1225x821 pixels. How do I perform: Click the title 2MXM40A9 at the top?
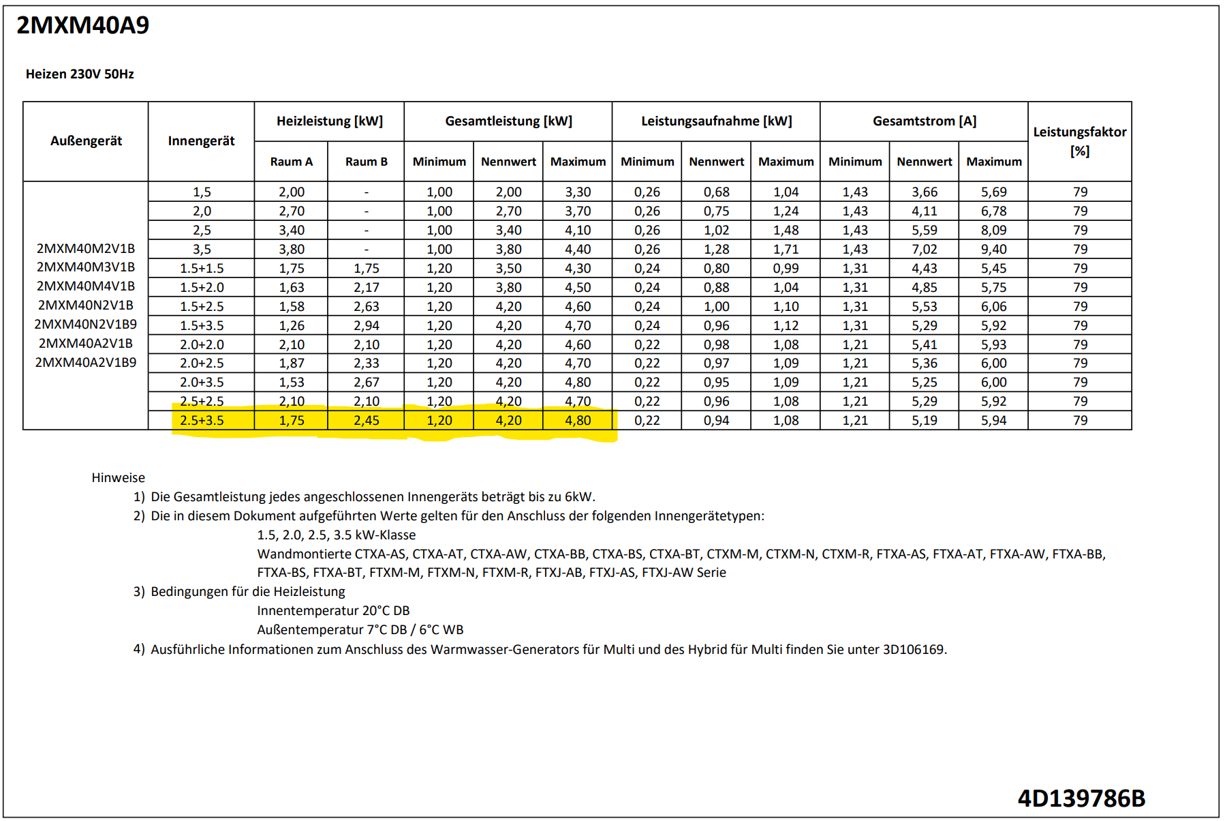tap(82, 25)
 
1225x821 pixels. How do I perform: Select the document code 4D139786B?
tap(1081, 798)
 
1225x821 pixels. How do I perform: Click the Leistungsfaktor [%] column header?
tap(1079, 141)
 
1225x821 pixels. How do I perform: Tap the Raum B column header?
tap(366, 162)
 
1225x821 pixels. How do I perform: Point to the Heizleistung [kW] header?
tap(329, 121)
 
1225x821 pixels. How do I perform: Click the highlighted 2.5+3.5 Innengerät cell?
tap(202, 421)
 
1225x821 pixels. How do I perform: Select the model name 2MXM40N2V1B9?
tap(86, 324)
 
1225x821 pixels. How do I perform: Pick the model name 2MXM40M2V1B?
tap(86, 248)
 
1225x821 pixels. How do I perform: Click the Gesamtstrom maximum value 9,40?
tap(993, 250)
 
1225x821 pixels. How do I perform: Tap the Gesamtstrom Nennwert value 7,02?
tap(924, 250)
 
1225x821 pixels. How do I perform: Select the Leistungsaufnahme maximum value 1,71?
tap(786, 250)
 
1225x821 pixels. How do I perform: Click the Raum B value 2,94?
tap(366, 326)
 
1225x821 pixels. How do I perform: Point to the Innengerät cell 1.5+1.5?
tap(202, 269)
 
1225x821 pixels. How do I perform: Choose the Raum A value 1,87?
tap(292, 363)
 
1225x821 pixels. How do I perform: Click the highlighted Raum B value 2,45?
tap(366, 421)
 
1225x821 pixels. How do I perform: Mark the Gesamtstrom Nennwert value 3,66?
tap(924, 192)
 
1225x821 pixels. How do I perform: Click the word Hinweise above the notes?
tap(118, 478)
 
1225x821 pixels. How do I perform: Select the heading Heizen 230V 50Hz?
tap(80, 74)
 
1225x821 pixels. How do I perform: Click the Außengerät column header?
tap(86, 141)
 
